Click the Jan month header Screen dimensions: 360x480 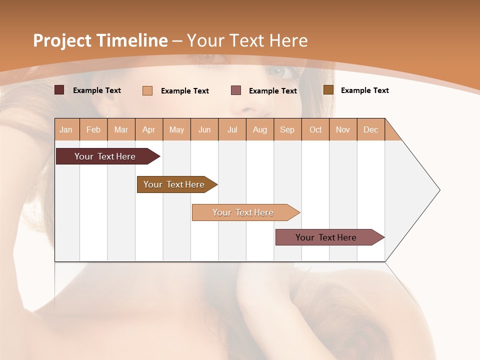tap(66, 129)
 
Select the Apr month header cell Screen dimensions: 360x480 tap(149, 129)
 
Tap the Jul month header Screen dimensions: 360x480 tap(232, 129)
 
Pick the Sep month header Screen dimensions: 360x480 tap(287, 129)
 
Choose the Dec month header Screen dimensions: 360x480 tap(370, 129)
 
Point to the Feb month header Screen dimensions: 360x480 tap(93, 129)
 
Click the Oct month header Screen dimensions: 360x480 tap(315, 129)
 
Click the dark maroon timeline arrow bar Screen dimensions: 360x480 tap(105, 156)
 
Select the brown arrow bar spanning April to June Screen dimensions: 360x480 tap(174, 184)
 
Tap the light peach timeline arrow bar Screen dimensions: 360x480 tap(243, 212)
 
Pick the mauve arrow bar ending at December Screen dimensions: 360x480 tap(326, 237)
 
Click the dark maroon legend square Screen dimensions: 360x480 tap(59, 90)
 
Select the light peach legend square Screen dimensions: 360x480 tap(147, 90)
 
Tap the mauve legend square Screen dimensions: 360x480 tap(236, 90)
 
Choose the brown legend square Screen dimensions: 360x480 tap(328, 90)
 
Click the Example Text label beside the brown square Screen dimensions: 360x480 tap(364, 90)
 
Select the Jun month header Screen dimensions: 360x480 tap(204, 129)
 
